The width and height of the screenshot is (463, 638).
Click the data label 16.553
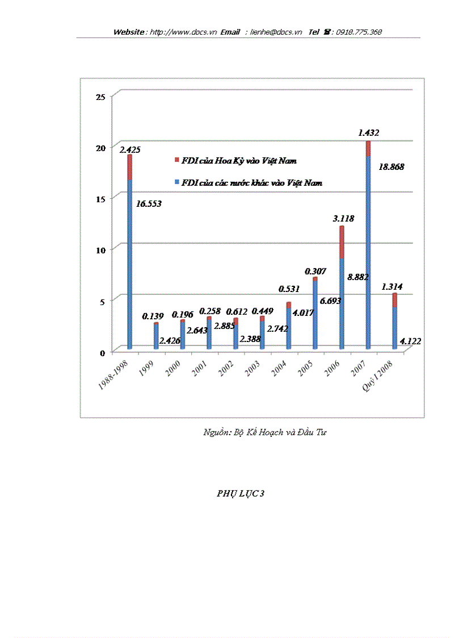pos(149,203)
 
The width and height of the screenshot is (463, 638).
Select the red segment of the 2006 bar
pos(342,243)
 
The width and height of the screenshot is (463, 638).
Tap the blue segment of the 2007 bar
pos(368,250)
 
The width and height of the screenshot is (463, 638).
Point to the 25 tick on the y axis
pos(100,97)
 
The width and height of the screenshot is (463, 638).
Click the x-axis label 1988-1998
pos(112,375)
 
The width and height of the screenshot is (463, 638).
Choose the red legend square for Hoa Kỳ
pos(176,161)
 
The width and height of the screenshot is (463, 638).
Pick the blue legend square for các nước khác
pos(176,183)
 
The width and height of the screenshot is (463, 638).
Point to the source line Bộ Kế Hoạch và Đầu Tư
pos(265,432)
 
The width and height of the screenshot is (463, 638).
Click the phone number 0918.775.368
pos(359,32)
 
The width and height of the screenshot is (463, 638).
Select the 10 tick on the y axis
pos(100,250)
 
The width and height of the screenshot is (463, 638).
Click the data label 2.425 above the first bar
pos(130,149)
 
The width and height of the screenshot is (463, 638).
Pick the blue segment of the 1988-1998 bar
pos(130,261)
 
